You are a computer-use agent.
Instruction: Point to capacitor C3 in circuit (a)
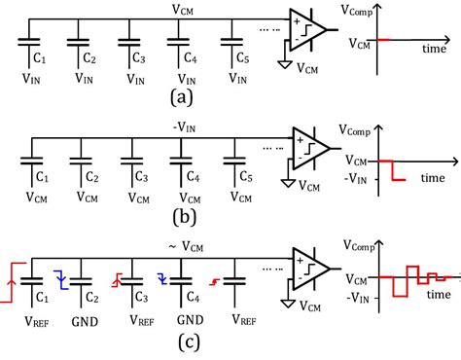(128, 45)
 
